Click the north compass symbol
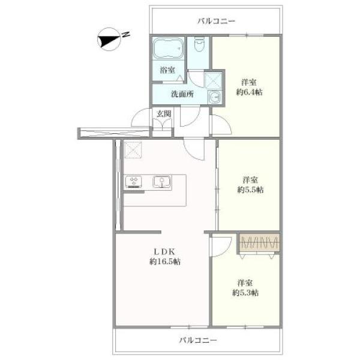[109, 40]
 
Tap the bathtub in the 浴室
[169, 49]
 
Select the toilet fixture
[199, 45]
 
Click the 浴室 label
[167, 70]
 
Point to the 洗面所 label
[182, 94]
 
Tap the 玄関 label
[164, 114]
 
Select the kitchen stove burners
[133, 182]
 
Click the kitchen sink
[162, 182]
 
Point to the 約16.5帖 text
[165, 262]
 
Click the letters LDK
[164, 252]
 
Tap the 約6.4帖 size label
[249, 92]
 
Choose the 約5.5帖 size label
[250, 190]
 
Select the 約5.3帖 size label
[245, 293]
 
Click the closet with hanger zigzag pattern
[259, 242]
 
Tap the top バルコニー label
[217, 22]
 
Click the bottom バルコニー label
[198, 340]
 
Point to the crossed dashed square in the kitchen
[133, 150]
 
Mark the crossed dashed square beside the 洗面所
[213, 80]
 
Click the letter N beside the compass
[125, 34]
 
